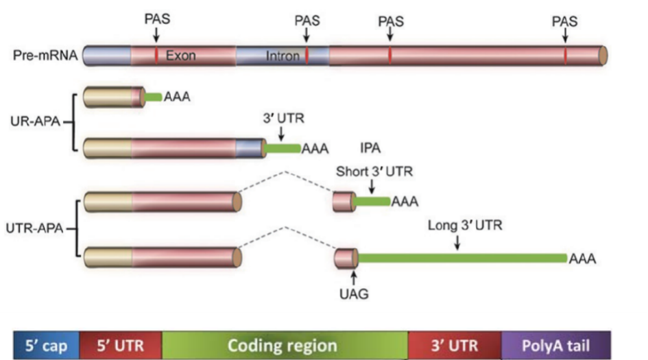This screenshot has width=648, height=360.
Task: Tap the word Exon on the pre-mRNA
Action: [180, 56]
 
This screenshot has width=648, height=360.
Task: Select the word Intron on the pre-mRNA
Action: [283, 56]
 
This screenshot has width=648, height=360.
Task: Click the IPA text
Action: [371, 147]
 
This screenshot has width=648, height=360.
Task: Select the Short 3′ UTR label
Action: [374, 171]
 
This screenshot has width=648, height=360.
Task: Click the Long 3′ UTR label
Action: [465, 225]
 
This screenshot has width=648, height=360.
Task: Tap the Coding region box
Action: [284, 345]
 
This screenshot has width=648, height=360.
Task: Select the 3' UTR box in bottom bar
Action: [455, 345]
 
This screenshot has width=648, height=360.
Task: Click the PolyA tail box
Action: [555, 345]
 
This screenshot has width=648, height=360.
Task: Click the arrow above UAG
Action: [354, 276]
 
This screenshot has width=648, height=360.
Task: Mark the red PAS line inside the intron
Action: [307, 56]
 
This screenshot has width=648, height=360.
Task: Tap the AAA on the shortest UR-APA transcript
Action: [176, 97]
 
